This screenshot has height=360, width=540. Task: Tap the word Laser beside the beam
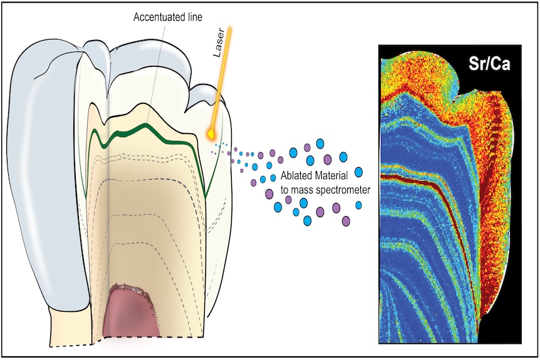(219, 43)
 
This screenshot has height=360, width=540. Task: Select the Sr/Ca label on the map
(489, 64)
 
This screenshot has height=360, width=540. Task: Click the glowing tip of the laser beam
(210, 133)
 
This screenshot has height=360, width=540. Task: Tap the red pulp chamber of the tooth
(131, 311)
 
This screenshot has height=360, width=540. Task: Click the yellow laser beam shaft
(221, 80)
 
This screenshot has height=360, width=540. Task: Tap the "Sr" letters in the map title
(477, 64)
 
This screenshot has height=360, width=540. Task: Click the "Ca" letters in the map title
(501, 64)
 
